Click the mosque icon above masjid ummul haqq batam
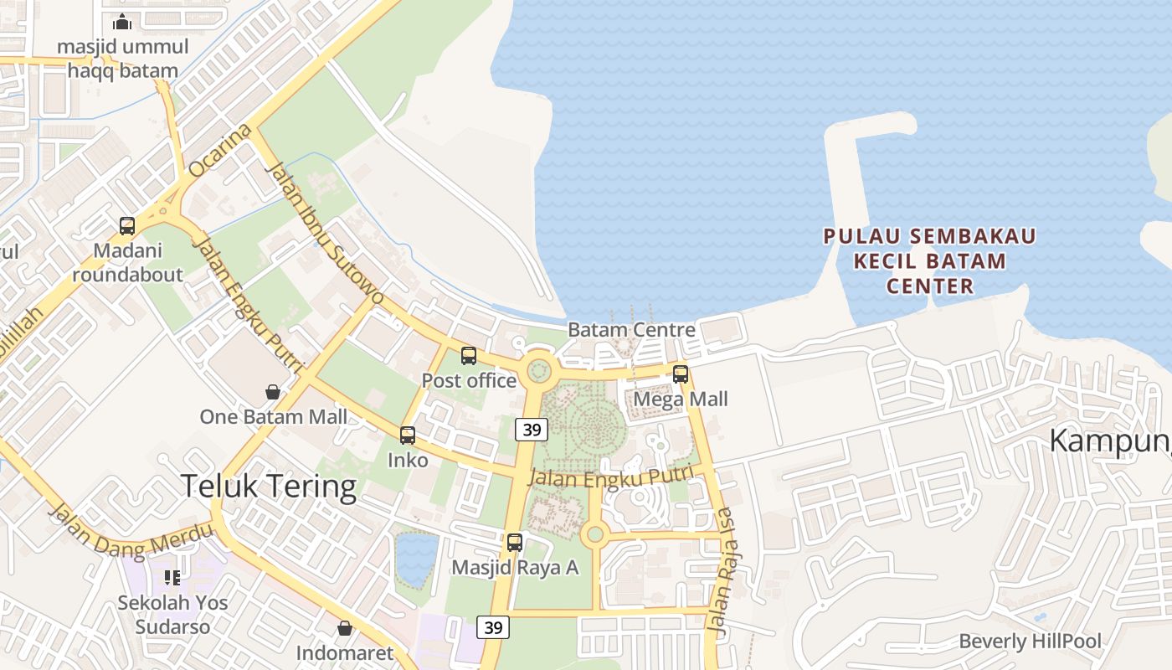pyautogui.click(x=122, y=22)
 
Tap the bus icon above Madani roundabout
pyautogui.click(x=127, y=225)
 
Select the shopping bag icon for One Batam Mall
pyautogui.click(x=273, y=391)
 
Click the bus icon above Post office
pyautogui.click(x=469, y=356)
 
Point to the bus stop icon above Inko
pyautogui.click(x=408, y=435)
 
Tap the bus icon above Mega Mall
pyautogui.click(x=681, y=374)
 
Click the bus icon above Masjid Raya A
pyautogui.click(x=515, y=543)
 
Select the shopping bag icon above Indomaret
pyautogui.click(x=345, y=628)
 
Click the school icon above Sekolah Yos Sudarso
pyautogui.click(x=172, y=577)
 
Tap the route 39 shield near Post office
pyautogui.click(x=532, y=430)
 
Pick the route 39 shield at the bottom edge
pyautogui.click(x=493, y=626)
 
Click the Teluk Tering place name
pyautogui.click(x=269, y=486)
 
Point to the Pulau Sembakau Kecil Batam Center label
pyautogui.click(x=929, y=261)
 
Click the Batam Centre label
pyautogui.click(x=631, y=329)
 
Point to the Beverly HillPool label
pyautogui.click(x=1030, y=642)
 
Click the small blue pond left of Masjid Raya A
pyautogui.click(x=416, y=559)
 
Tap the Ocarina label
pyautogui.click(x=220, y=151)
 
